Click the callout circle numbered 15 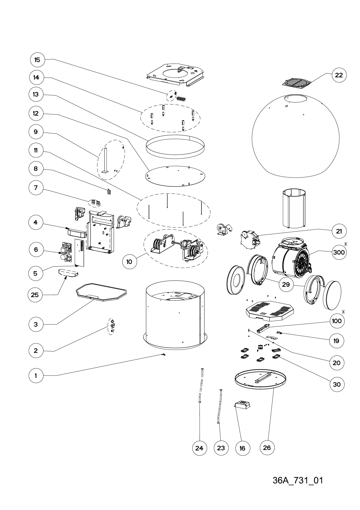coord(37,60)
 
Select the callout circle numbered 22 coord(339,75)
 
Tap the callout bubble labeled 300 coord(339,252)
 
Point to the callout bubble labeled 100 coord(337,321)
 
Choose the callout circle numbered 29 coord(286,284)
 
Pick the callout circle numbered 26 coord(267,447)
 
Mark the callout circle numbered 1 coord(36,376)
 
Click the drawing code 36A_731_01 coord(298,481)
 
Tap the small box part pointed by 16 coord(243,406)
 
